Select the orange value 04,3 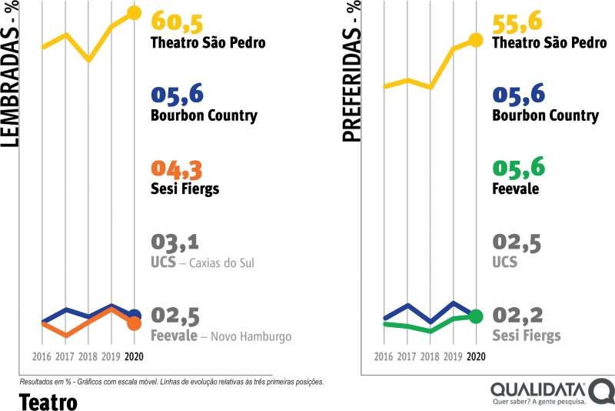point(178,169)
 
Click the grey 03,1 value point(176,242)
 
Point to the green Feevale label point(517,189)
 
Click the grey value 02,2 point(518,316)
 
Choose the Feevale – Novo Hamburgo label point(221,336)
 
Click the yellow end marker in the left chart point(134,12)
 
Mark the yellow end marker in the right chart point(476,39)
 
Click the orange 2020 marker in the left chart point(134,323)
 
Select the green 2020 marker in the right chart point(476,316)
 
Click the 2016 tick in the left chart point(42,356)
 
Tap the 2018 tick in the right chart point(430,356)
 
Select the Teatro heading point(47,400)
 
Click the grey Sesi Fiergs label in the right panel point(526,336)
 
